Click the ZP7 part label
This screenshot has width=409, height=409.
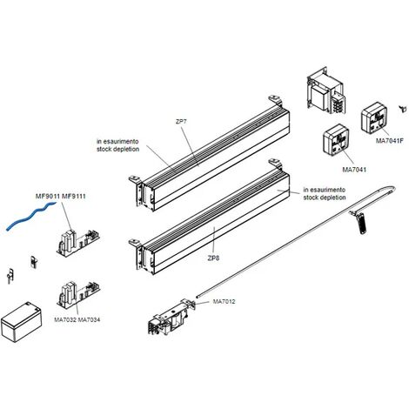pyautogui.click(x=181, y=122)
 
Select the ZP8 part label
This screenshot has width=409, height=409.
pyautogui.click(x=213, y=258)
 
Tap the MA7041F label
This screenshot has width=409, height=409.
pyautogui.click(x=390, y=141)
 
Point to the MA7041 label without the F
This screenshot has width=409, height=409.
pyautogui.click(x=354, y=170)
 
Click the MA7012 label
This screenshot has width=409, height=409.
pyautogui.click(x=224, y=301)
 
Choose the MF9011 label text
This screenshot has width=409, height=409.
pyautogui.click(x=48, y=197)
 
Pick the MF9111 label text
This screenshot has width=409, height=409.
pyautogui.click(x=74, y=197)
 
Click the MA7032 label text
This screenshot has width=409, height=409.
pyautogui.click(x=65, y=319)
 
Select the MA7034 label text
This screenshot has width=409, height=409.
pyautogui.click(x=89, y=319)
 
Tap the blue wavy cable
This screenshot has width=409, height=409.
pyautogui.click(x=30, y=216)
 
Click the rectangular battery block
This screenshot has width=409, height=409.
pyautogui.click(x=21, y=321)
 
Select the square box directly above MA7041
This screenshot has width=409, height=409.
pyautogui.click(x=336, y=140)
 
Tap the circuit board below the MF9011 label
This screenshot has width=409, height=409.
pyautogui.click(x=77, y=242)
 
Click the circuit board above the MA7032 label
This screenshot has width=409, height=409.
pyautogui.click(x=78, y=293)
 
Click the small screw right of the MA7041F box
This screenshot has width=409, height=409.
pyautogui.click(x=402, y=109)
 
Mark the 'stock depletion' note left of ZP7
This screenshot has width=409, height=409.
pyautogui.click(x=117, y=149)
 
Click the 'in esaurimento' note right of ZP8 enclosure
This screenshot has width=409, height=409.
pyautogui.click(x=325, y=190)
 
